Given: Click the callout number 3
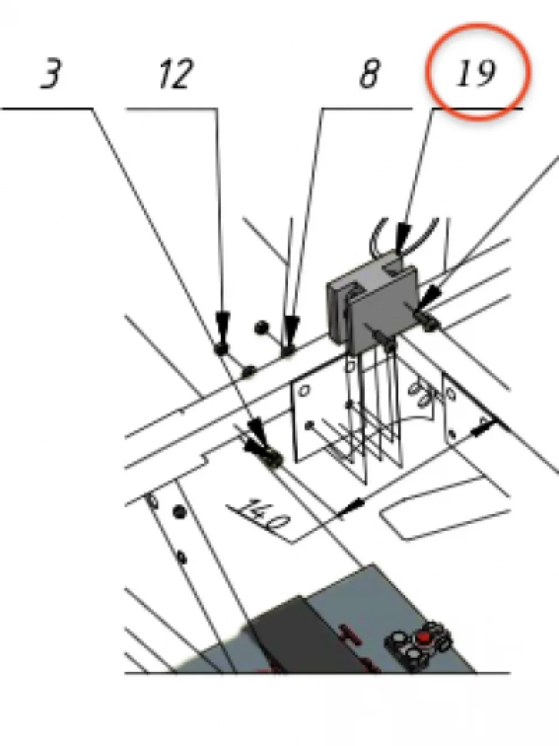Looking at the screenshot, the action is [51, 74].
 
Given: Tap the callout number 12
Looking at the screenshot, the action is [177, 74].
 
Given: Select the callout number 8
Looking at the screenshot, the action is [369, 74].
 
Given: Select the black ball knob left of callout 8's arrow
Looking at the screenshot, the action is [261, 327].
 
